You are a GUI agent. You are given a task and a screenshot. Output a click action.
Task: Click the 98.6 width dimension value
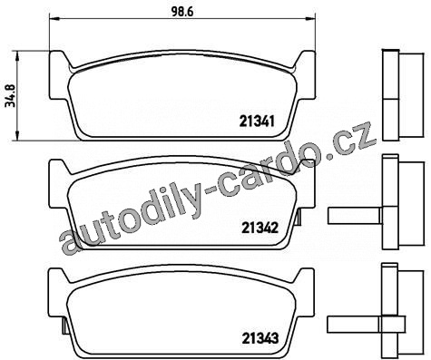[x=182, y=12]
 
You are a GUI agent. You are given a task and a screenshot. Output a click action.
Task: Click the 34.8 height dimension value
[x=11, y=95]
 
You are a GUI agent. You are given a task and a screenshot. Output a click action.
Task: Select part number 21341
[x=257, y=122]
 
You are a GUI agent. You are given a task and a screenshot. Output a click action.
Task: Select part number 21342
[x=260, y=229]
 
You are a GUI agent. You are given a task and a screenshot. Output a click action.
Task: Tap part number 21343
[x=260, y=338]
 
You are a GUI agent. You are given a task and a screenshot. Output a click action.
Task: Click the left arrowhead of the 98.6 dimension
[x=54, y=19]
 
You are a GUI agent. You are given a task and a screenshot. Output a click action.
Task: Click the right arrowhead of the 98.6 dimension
[x=310, y=19]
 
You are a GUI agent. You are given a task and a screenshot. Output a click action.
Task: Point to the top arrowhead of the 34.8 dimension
[x=17, y=56]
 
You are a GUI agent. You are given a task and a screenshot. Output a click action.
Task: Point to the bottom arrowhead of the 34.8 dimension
[x=17, y=135]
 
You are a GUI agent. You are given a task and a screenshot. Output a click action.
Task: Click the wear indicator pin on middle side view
[x=354, y=216]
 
